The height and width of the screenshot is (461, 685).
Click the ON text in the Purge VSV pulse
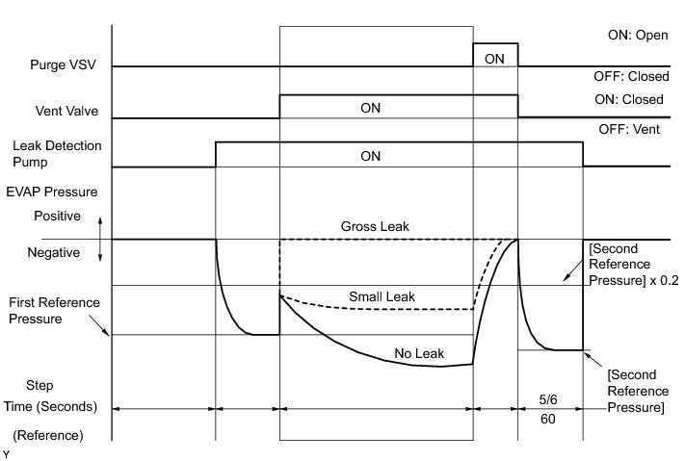494,59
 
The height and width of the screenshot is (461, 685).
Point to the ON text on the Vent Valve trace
371,108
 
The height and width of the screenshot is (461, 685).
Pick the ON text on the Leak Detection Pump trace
371,155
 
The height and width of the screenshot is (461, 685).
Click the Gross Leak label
375,226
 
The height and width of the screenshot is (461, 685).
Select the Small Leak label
382,296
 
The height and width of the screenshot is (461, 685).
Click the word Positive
57,217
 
